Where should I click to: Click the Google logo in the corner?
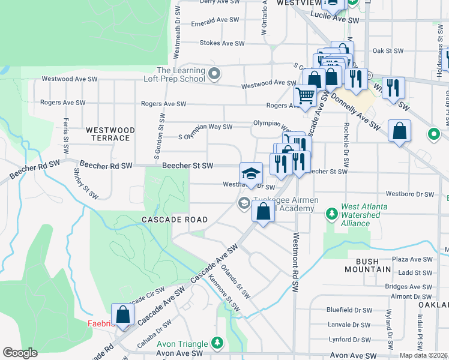pyautogui.click(x=20, y=353)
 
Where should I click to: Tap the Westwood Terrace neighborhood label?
pyautogui.click(x=107, y=134)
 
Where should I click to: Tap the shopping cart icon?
pyautogui.click(x=306, y=95)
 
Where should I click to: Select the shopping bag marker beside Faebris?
pyautogui.click(x=123, y=314)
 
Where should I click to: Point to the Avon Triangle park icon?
pyautogui.click(x=217, y=344)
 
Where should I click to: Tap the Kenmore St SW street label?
pyautogui.click(x=223, y=293)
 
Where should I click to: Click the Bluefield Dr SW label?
pyautogui.click(x=349, y=310)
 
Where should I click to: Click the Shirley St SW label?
pyautogui.click(x=86, y=183)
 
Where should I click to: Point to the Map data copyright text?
pyautogui.click(x=424, y=355)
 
